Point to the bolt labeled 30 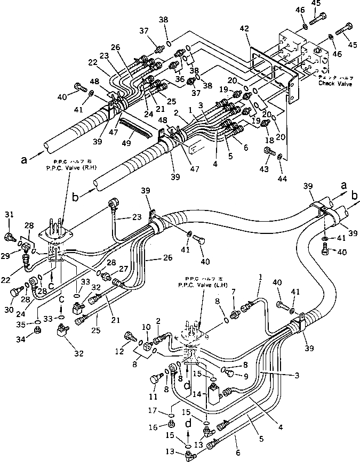pos(15,292)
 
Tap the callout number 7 pos(234,293)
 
